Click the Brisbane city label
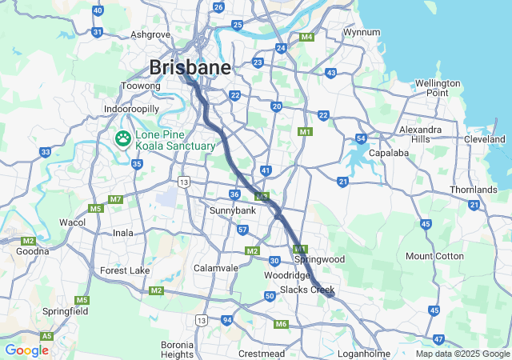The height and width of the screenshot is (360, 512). (190, 66)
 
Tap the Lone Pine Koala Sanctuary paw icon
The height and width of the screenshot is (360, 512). (123, 140)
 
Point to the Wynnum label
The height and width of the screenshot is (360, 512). (360, 33)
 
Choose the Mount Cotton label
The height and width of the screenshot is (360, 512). (434, 256)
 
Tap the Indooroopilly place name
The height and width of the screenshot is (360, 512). (132, 109)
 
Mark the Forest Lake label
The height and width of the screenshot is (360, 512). (125, 270)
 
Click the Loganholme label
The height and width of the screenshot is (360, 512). (364, 353)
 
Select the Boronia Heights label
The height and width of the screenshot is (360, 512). (177, 350)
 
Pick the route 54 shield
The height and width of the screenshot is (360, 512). (362, 138)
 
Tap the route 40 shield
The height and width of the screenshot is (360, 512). (98, 10)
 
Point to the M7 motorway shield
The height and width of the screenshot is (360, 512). (115, 198)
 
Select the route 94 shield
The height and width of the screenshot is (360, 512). (227, 319)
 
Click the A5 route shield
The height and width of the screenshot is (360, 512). (47, 336)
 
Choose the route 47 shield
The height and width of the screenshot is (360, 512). (438, 340)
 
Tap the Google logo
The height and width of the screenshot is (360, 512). (26, 350)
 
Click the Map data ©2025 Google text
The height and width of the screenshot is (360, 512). (462, 354)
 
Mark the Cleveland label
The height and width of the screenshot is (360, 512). (485, 139)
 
